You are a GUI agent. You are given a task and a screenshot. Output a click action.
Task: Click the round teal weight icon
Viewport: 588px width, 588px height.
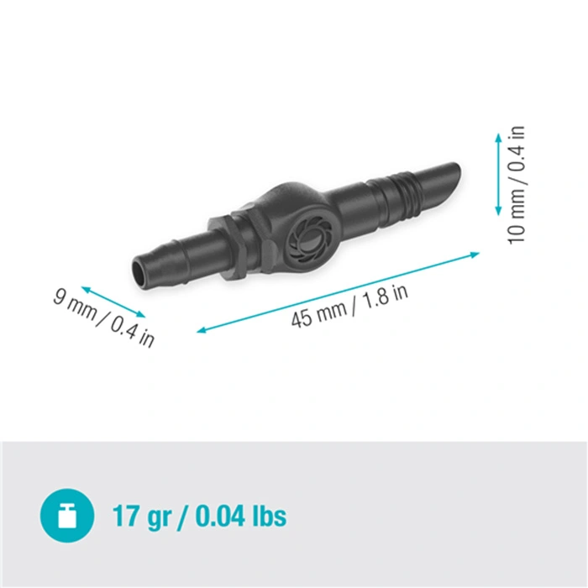[x=67, y=515]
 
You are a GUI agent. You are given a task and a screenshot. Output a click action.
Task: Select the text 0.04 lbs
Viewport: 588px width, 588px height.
[x=241, y=516]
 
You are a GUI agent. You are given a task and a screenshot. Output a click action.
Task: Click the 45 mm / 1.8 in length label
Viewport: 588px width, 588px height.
[x=349, y=305]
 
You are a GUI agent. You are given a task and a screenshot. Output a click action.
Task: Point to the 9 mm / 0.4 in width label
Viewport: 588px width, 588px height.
[x=104, y=318]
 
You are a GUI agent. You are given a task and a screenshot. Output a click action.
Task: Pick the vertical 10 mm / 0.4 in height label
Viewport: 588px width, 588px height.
[x=516, y=186]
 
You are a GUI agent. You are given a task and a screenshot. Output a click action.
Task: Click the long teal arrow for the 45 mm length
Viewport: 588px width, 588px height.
[x=339, y=292]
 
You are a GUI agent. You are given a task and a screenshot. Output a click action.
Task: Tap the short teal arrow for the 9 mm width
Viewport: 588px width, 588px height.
[x=113, y=302]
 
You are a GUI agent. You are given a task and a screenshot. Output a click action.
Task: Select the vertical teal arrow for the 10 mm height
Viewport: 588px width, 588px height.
[x=498, y=175]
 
